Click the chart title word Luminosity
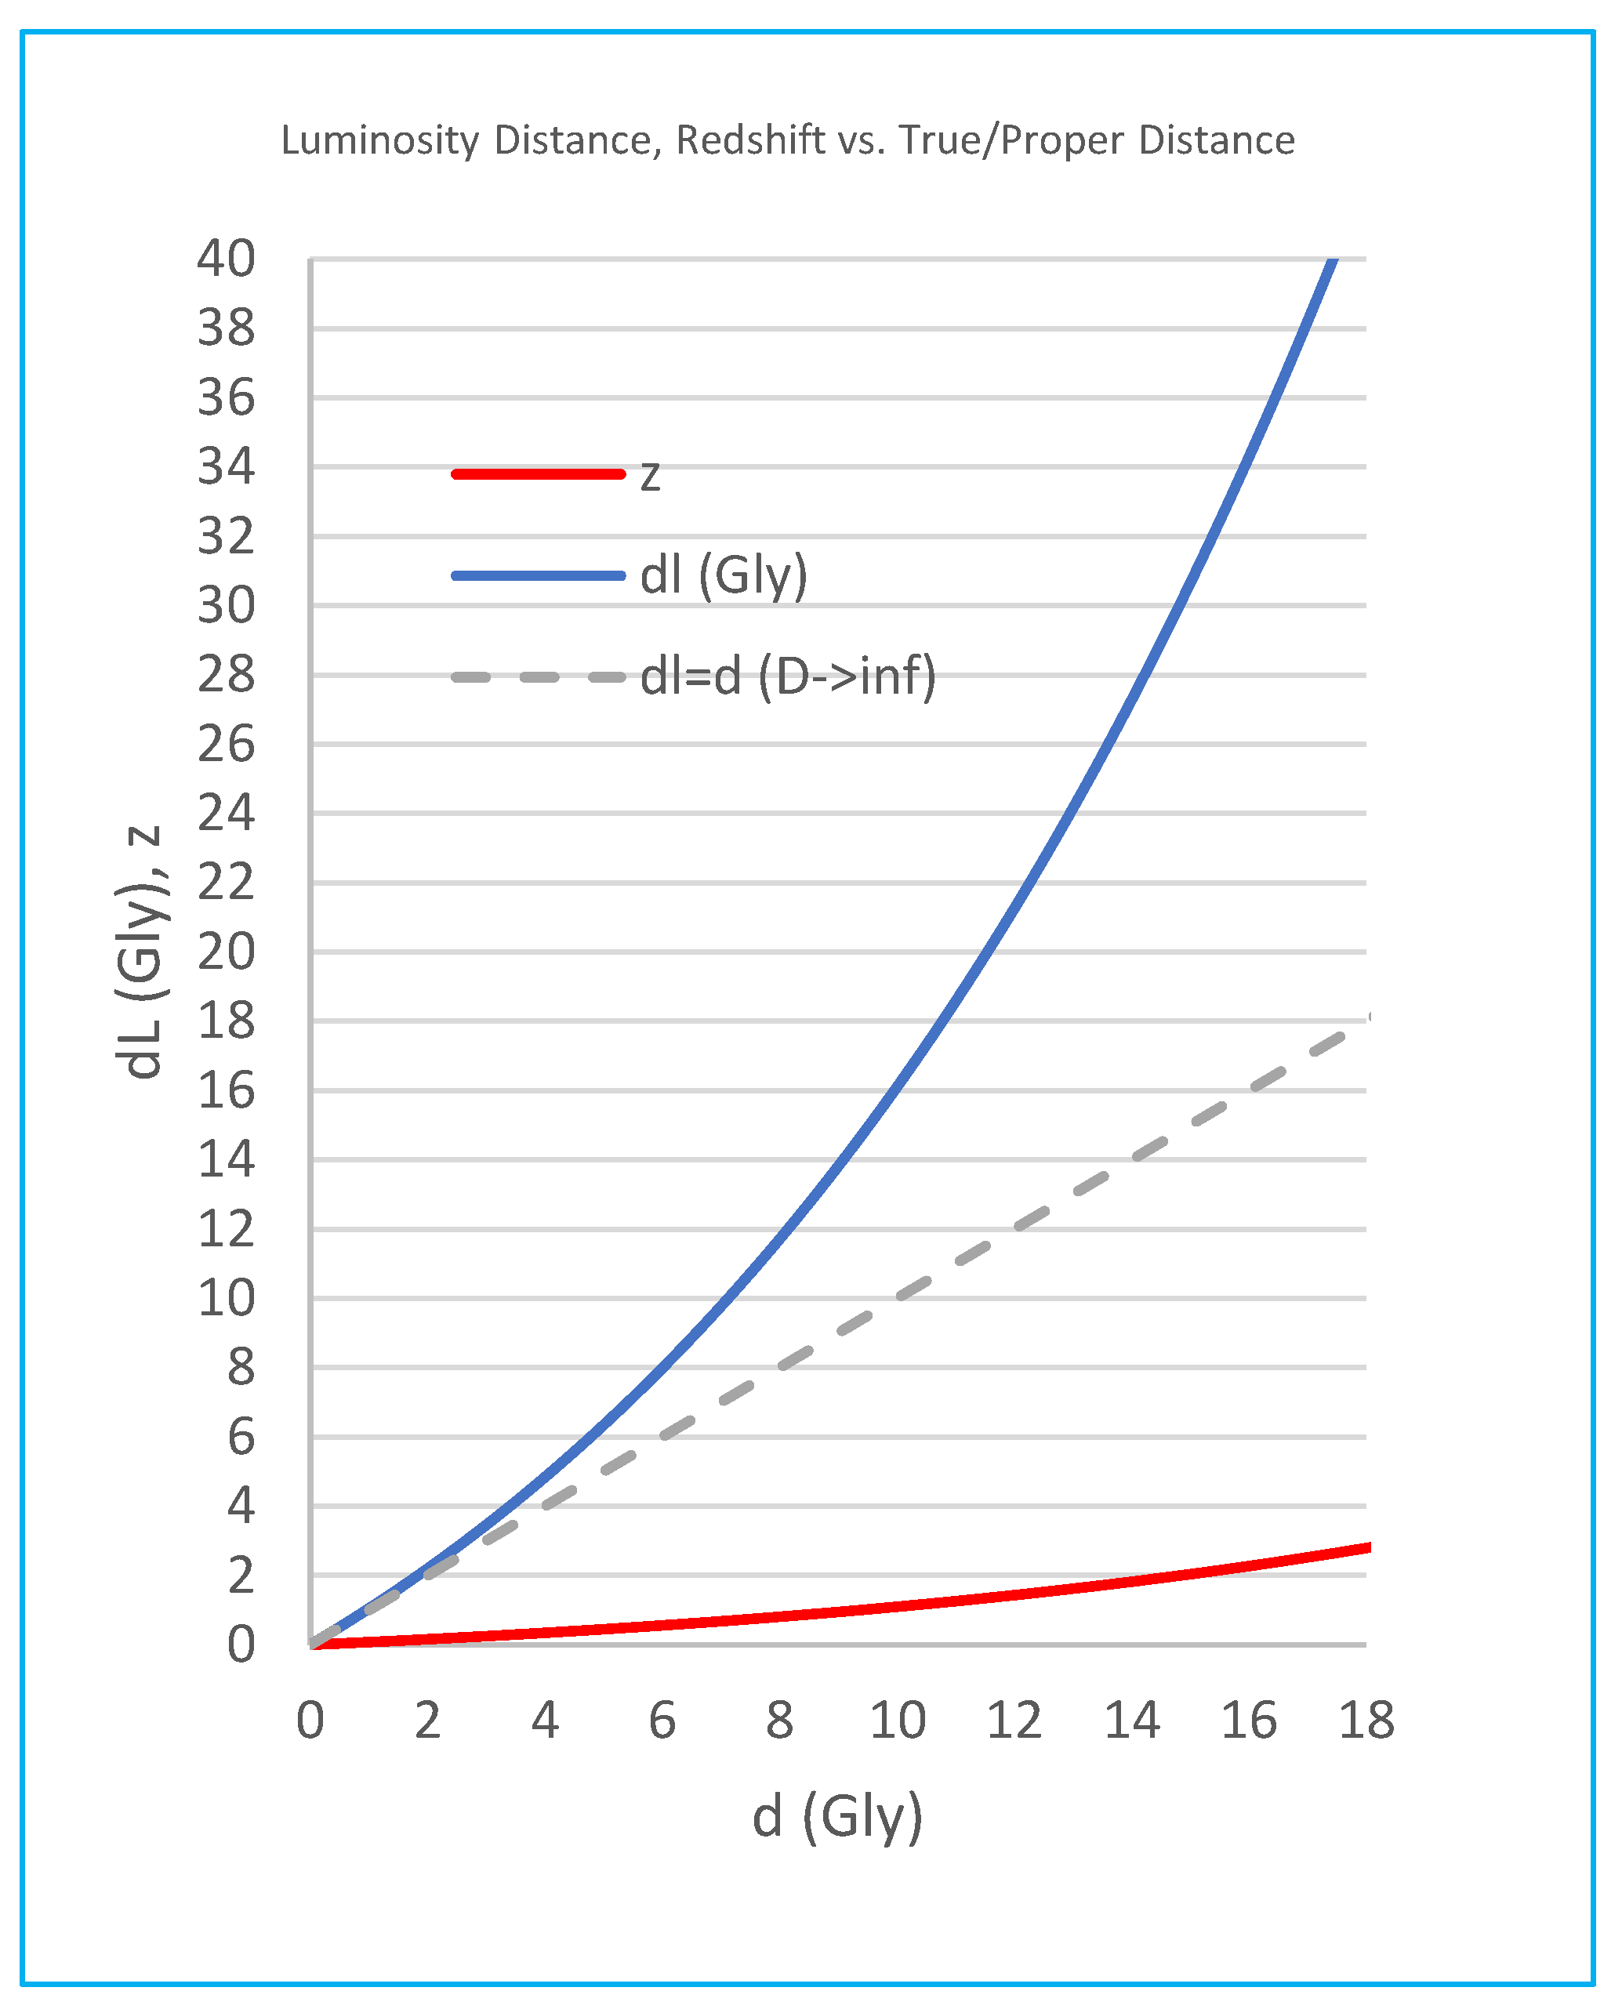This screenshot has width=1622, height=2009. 379,141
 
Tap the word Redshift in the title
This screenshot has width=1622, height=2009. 750,140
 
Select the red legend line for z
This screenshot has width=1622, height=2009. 538,474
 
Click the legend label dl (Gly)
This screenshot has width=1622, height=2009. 723,575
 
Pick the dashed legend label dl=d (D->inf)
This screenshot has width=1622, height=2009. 788,676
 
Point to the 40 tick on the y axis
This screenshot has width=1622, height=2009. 225,259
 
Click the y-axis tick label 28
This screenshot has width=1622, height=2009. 225,674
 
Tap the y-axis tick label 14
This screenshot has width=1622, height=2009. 225,1160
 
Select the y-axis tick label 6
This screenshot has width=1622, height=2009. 240,1438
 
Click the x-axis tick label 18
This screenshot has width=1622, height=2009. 1366,1721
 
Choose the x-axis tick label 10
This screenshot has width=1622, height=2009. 897,1721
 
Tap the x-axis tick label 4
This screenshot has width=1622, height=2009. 545,1721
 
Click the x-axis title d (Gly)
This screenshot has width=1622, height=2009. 837,1817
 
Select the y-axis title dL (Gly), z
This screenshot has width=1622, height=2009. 140,952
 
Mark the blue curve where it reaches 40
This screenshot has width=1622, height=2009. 1334,262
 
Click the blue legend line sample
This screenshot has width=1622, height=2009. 538,575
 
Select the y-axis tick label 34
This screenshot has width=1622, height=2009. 225,467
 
